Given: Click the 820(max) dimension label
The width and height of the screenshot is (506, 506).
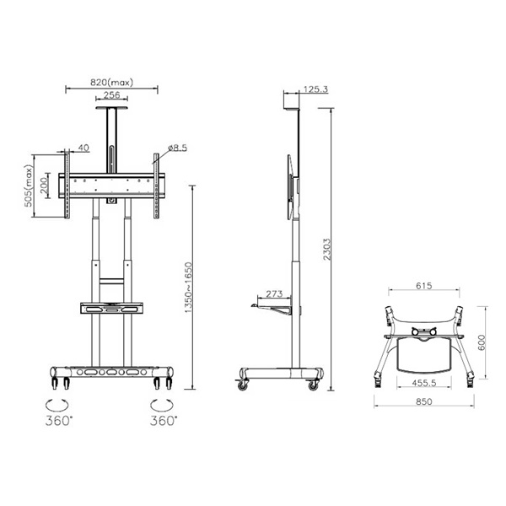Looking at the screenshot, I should tap(111, 83).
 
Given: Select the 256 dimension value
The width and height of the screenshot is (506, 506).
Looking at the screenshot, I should tap(111, 95).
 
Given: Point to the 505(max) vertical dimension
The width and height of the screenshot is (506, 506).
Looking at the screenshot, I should tap(27, 186).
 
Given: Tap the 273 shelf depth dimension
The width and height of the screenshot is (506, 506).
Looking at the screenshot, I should tap(274, 294).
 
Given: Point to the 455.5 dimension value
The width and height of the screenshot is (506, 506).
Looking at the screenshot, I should tap(424, 381).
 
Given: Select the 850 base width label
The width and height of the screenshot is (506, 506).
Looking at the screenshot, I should tap(424, 402).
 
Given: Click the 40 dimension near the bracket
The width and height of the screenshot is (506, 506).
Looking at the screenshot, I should tap(83, 148).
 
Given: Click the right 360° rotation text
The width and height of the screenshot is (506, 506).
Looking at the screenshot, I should tap(163, 419).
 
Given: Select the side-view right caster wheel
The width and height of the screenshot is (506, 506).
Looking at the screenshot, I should tap(313, 385).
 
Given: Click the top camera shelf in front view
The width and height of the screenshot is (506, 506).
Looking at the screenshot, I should tap(111, 105).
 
